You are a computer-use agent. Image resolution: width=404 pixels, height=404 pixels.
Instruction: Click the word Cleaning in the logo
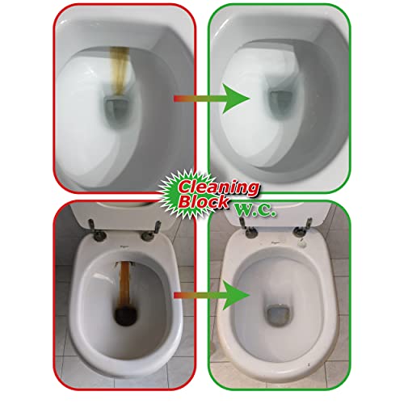coord(218,187)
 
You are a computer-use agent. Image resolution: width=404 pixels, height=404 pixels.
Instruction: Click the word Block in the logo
coord(204,201)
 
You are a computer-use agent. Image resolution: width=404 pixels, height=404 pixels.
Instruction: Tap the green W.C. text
coord(255,210)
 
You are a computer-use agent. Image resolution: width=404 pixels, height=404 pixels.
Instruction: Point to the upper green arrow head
coord(235,99)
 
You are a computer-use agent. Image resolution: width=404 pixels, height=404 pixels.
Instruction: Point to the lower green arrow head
coord(235,295)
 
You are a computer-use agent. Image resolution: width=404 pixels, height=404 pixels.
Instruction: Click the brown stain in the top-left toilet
coord(120,70)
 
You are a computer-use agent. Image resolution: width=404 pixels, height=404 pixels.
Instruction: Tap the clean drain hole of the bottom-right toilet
coord(279,314)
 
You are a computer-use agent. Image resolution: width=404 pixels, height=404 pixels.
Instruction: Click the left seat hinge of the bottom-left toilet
coord(96,231)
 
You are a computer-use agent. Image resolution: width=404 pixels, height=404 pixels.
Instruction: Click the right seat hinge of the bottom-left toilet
coord(152,231)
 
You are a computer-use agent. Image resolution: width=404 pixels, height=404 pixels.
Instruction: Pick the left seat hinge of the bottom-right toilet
coord(248,228)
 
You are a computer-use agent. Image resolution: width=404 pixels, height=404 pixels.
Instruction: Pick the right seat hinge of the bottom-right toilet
coord(304,228)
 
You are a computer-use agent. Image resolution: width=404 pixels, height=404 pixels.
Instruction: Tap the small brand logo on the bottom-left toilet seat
coord(123,246)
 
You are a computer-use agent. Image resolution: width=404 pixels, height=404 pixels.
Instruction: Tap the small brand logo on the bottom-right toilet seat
coord(275,242)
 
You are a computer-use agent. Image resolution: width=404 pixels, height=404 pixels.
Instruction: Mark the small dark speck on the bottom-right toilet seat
coord(309,364)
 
